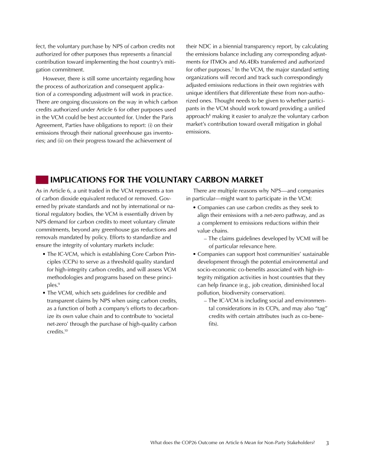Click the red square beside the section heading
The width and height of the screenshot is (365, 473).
tap(42, 180)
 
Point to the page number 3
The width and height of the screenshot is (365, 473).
tap(327, 443)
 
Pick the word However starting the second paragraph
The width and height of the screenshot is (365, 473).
tap(56, 79)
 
